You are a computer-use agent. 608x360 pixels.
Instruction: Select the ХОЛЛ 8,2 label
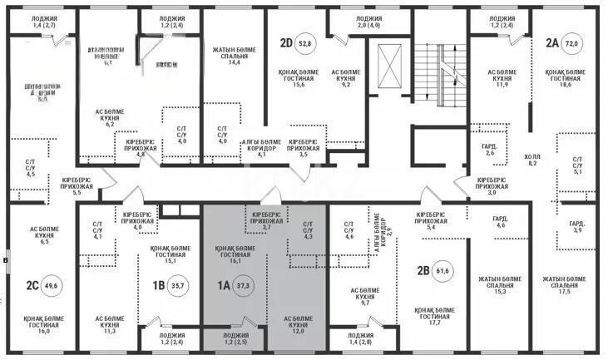point(531,160)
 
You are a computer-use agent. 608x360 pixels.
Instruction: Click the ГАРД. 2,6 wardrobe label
point(490,149)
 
